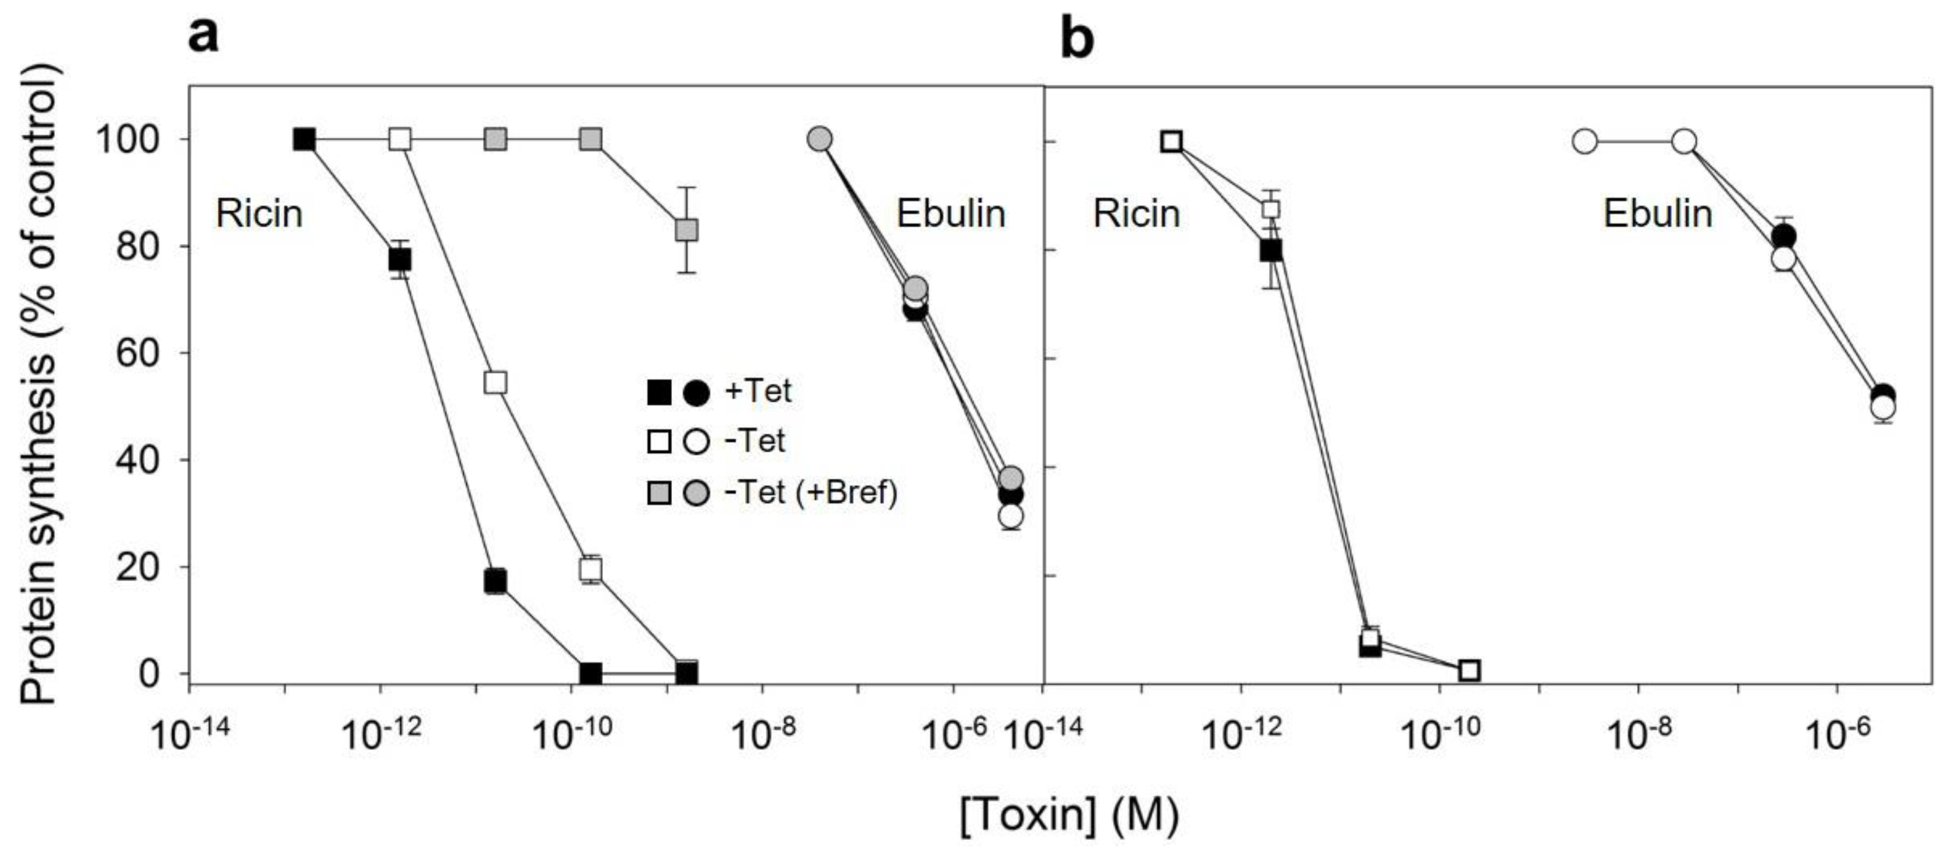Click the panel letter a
[204, 36]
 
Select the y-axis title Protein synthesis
[38, 385]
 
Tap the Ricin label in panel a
[259, 214]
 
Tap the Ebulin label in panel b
[1657, 214]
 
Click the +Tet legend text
[757, 391]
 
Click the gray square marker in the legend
[659, 494]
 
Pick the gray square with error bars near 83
[686, 230]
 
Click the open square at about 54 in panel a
[495, 382]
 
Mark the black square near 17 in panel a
[495, 581]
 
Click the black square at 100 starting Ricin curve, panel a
[304, 140]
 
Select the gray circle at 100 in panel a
[820, 140]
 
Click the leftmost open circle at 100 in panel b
[1585, 141]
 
